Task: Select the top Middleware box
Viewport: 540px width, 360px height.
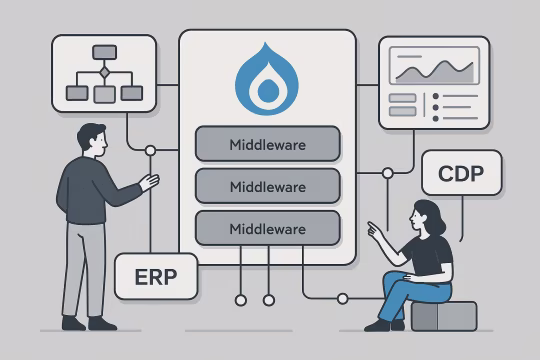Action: tap(267, 144)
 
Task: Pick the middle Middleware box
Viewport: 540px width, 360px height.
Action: tap(267, 186)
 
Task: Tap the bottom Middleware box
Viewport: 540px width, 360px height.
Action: tap(267, 228)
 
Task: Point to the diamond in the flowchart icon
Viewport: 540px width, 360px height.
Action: tap(104, 72)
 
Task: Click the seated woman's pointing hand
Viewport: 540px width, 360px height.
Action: tap(373, 228)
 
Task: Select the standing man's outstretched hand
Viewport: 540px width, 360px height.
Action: tap(150, 182)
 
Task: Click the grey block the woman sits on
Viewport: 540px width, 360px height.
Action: tap(442, 316)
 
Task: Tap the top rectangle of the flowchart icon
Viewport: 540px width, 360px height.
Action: tap(104, 51)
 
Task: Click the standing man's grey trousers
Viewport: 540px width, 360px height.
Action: tap(87, 265)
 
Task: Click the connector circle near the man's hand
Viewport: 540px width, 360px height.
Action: tap(150, 151)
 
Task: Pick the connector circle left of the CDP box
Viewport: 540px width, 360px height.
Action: tap(388, 174)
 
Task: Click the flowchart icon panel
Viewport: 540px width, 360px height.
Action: tap(104, 73)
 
